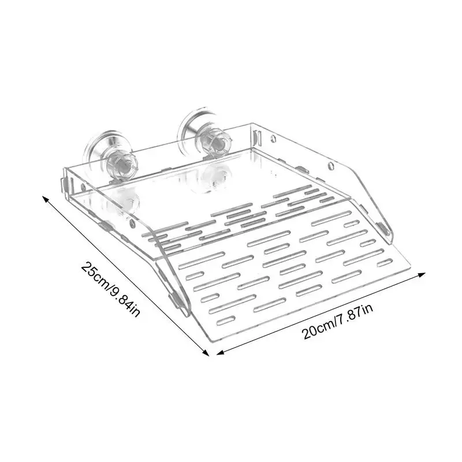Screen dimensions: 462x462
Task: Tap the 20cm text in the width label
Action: pos(316,331)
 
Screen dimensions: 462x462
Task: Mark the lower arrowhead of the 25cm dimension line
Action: pos(206,353)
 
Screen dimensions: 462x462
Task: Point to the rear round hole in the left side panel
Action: pos(84,188)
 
